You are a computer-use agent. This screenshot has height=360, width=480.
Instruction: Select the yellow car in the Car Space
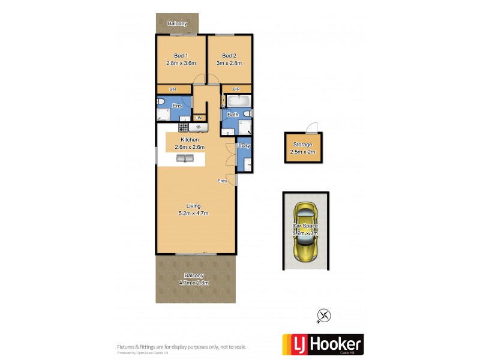click(305, 232)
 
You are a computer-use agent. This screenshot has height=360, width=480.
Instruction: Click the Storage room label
click(302, 145)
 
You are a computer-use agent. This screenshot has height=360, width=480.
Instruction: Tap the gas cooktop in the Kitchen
click(184, 127)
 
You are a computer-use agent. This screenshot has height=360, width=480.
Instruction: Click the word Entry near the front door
click(223, 181)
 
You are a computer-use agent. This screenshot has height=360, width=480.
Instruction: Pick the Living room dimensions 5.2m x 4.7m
click(193, 213)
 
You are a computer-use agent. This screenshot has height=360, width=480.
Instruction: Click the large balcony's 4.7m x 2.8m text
click(193, 283)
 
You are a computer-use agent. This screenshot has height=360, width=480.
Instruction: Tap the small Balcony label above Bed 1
click(177, 24)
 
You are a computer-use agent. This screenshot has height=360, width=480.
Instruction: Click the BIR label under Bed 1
click(173, 89)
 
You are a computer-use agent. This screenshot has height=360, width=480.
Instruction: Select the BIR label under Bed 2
click(236, 89)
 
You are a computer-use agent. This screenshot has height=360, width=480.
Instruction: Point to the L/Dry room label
click(244, 146)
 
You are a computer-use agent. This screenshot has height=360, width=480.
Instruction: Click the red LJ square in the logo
click(293, 344)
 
